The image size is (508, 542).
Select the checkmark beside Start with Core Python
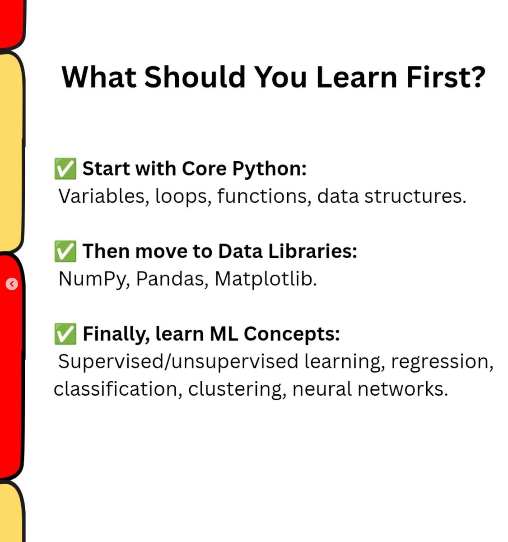(x=65, y=169)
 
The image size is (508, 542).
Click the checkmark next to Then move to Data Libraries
(x=65, y=252)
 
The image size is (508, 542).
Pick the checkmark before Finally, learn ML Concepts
(x=65, y=334)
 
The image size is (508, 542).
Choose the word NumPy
(x=94, y=279)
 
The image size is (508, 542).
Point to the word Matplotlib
(x=266, y=279)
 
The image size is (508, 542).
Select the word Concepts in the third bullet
(x=292, y=334)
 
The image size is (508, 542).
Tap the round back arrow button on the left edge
(x=12, y=284)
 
